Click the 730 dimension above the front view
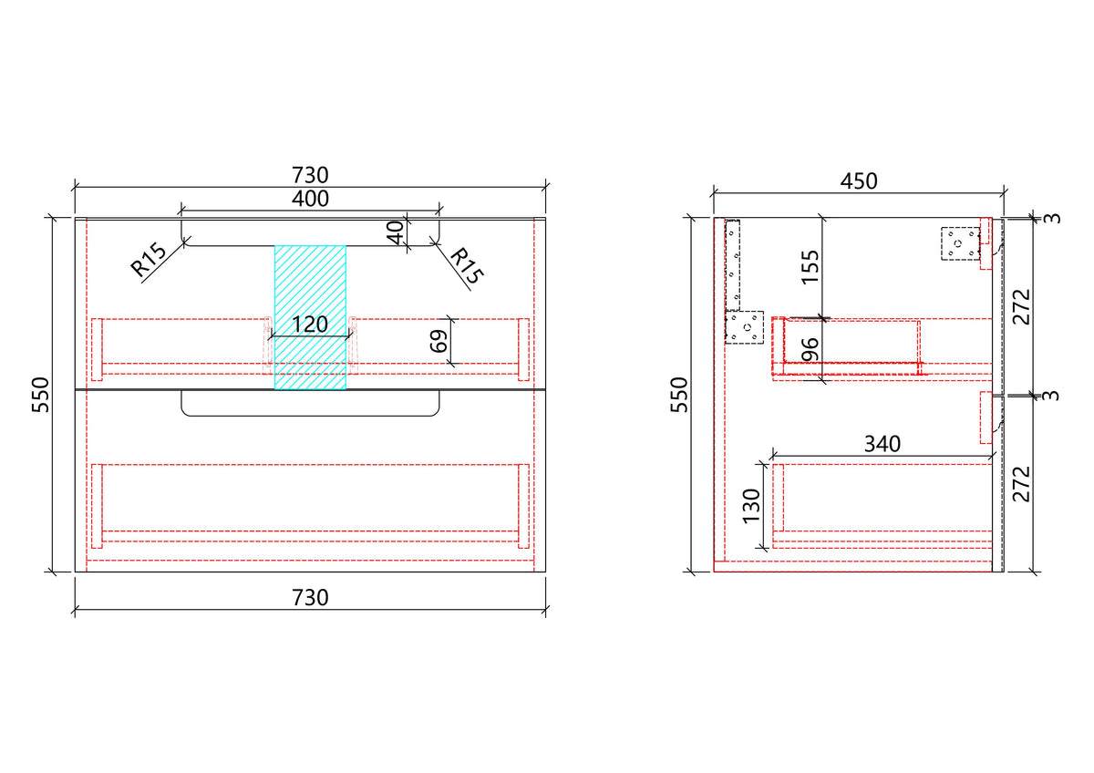click(x=310, y=175)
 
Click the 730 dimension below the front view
click(x=310, y=598)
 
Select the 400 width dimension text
click(x=310, y=199)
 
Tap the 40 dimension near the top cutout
click(x=396, y=232)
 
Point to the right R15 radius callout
click(x=467, y=265)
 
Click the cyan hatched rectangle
click(x=310, y=317)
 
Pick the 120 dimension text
click(x=310, y=325)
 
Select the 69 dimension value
click(x=439, y=341)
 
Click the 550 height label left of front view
click(x=41, y=395)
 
